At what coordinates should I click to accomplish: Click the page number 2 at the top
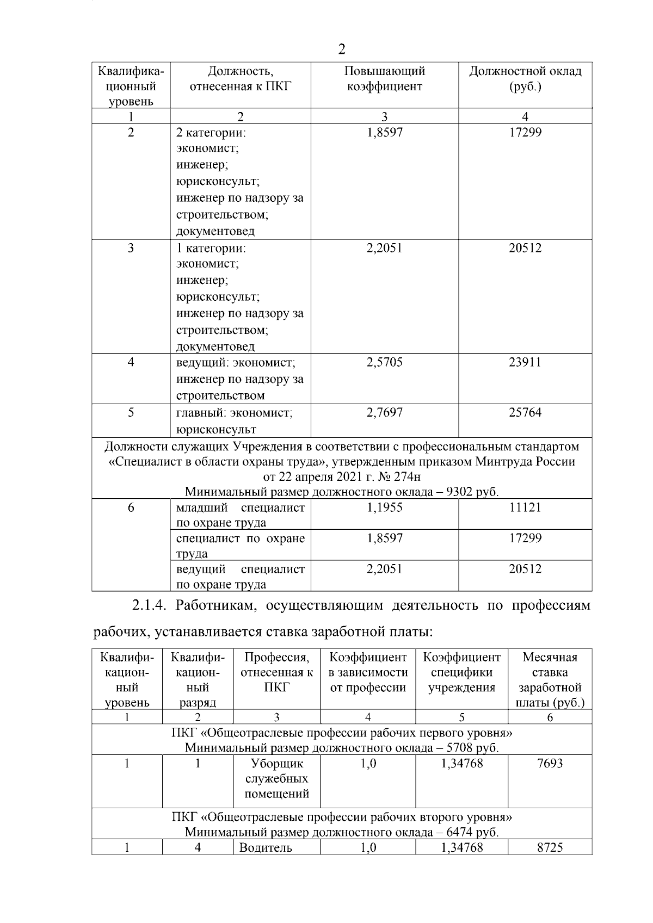tap(341, 49)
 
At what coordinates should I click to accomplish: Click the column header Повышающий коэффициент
tap(384, 79)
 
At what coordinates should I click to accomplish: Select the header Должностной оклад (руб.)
tap(525, 79)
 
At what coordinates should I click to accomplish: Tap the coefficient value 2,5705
tap(384, 362)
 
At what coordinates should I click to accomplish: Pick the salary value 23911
tap(525, 362)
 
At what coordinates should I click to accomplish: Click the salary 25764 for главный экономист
tap(525, 412)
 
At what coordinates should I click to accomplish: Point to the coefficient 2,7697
tap(384, 412)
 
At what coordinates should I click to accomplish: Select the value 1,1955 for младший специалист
tap(384, 507)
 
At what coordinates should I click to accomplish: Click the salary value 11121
tap(525, 507)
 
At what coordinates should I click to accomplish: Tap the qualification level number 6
tap(131, 507)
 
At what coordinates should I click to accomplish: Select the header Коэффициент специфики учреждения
tap(461, 672)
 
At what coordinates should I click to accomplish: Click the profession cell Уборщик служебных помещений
tap(276, 778)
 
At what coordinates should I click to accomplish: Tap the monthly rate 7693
tap(550, 763)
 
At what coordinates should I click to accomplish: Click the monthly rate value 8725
tap(550, 847)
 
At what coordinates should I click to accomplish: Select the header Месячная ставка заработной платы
tap(550, 680)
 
